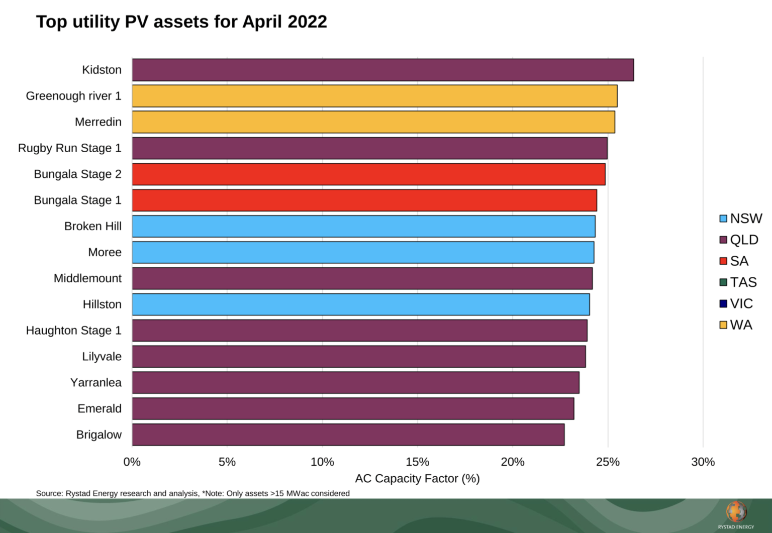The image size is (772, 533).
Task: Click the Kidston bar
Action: pyautogui.click(x=382, y=70)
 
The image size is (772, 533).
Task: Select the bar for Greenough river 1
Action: pyautogui.click(x=374, y=96)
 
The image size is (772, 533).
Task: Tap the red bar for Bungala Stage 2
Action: pyautogui.click(x=368, y=174)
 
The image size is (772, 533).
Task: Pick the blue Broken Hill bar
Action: pyautogui.click(x=363, y=227)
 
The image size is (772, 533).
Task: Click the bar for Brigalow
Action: pyautogui.click(x=348, y=435)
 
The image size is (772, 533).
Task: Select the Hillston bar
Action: pyautogui.click(x=360, y=304)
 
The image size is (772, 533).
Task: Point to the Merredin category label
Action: pyautogui.click(x=98, y=122)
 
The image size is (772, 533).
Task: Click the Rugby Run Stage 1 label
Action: pyautogui.click(x=70, y=148)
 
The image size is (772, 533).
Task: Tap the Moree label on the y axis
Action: pyautogui.click(x=105, y=252)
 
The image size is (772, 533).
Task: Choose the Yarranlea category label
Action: pyautogui.click(x=96, y=383)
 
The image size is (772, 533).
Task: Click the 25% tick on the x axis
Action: pyautogui.click(x=608, y=462)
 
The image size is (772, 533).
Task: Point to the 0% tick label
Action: pyautogui.click(x=132, y=462)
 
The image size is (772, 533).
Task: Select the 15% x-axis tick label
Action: pyautogui.click(x=417, y=462)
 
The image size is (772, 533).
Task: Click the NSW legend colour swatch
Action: pyautogui.click(x=723, y=219)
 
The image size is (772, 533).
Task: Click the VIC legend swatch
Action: pyautogui.click(x=723, y=304)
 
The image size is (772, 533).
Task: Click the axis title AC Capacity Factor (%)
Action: pyautogui.click(x=417, y=479)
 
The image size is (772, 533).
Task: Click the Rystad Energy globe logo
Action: pyautogui.click(x=736, y=512)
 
